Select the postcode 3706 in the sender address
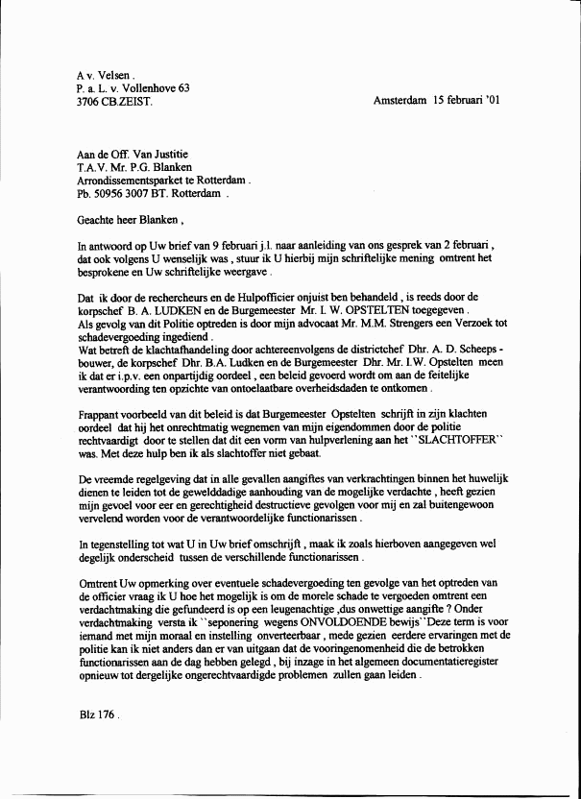[x=90, y=101]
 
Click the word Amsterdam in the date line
[x=399, y=100]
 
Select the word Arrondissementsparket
[x=129, y=179]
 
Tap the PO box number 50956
[x=108, y=192]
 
